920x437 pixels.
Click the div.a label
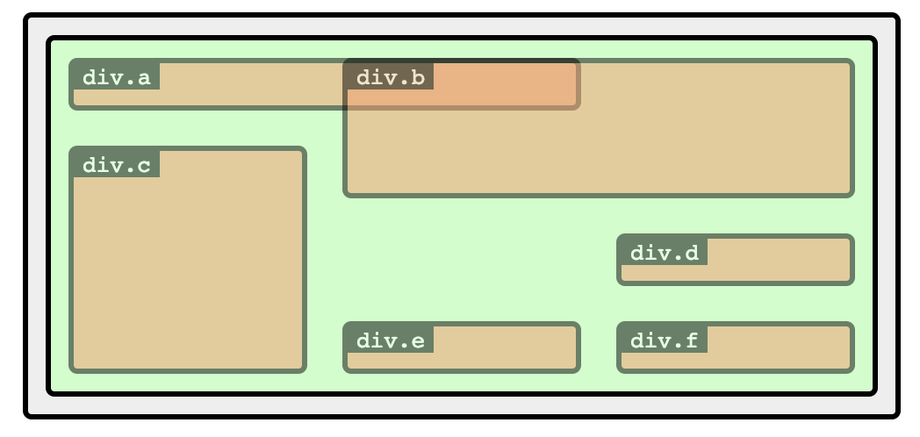[x=116, y=77]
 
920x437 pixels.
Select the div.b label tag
[x=390, y=77]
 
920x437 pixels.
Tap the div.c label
[x=116, y=165]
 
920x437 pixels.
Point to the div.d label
[x=664, y=253]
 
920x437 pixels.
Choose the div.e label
[x=390, y=340]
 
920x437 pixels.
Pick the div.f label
[x=664, y=340]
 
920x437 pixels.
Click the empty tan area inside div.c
[x=188, y=272]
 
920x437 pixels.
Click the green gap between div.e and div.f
[x=599, y=347]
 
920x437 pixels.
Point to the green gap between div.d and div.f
[x=736, y=304]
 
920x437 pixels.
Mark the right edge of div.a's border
[x=578, y=84]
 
